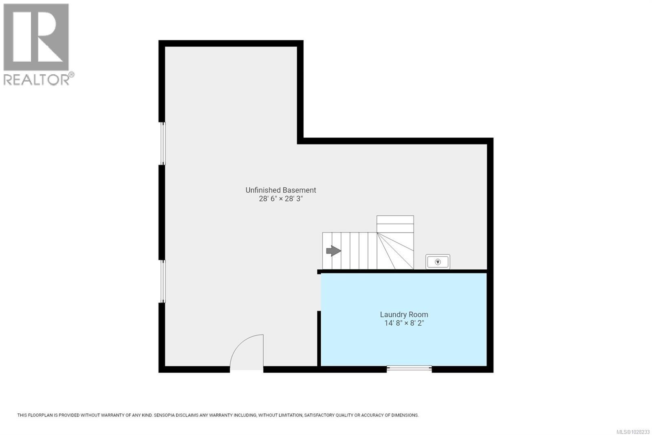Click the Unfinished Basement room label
pos(280,190)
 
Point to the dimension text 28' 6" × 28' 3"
pos(281,199)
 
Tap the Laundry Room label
pos(404,315)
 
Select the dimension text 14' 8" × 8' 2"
pos(404,323)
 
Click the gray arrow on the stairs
pos(333,251)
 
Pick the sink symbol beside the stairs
pos(438,262)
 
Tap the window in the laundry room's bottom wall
pos(409,368)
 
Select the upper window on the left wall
pos(163,143)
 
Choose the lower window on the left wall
pos(163,281)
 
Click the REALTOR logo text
pos(37,80)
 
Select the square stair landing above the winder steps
pos(395,224)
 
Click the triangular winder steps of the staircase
pos(394,251)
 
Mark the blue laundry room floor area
pos(403,343)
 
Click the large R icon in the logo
pos(36,38)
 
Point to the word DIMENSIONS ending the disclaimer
pos(405,415)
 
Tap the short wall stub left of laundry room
pos(319,338)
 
